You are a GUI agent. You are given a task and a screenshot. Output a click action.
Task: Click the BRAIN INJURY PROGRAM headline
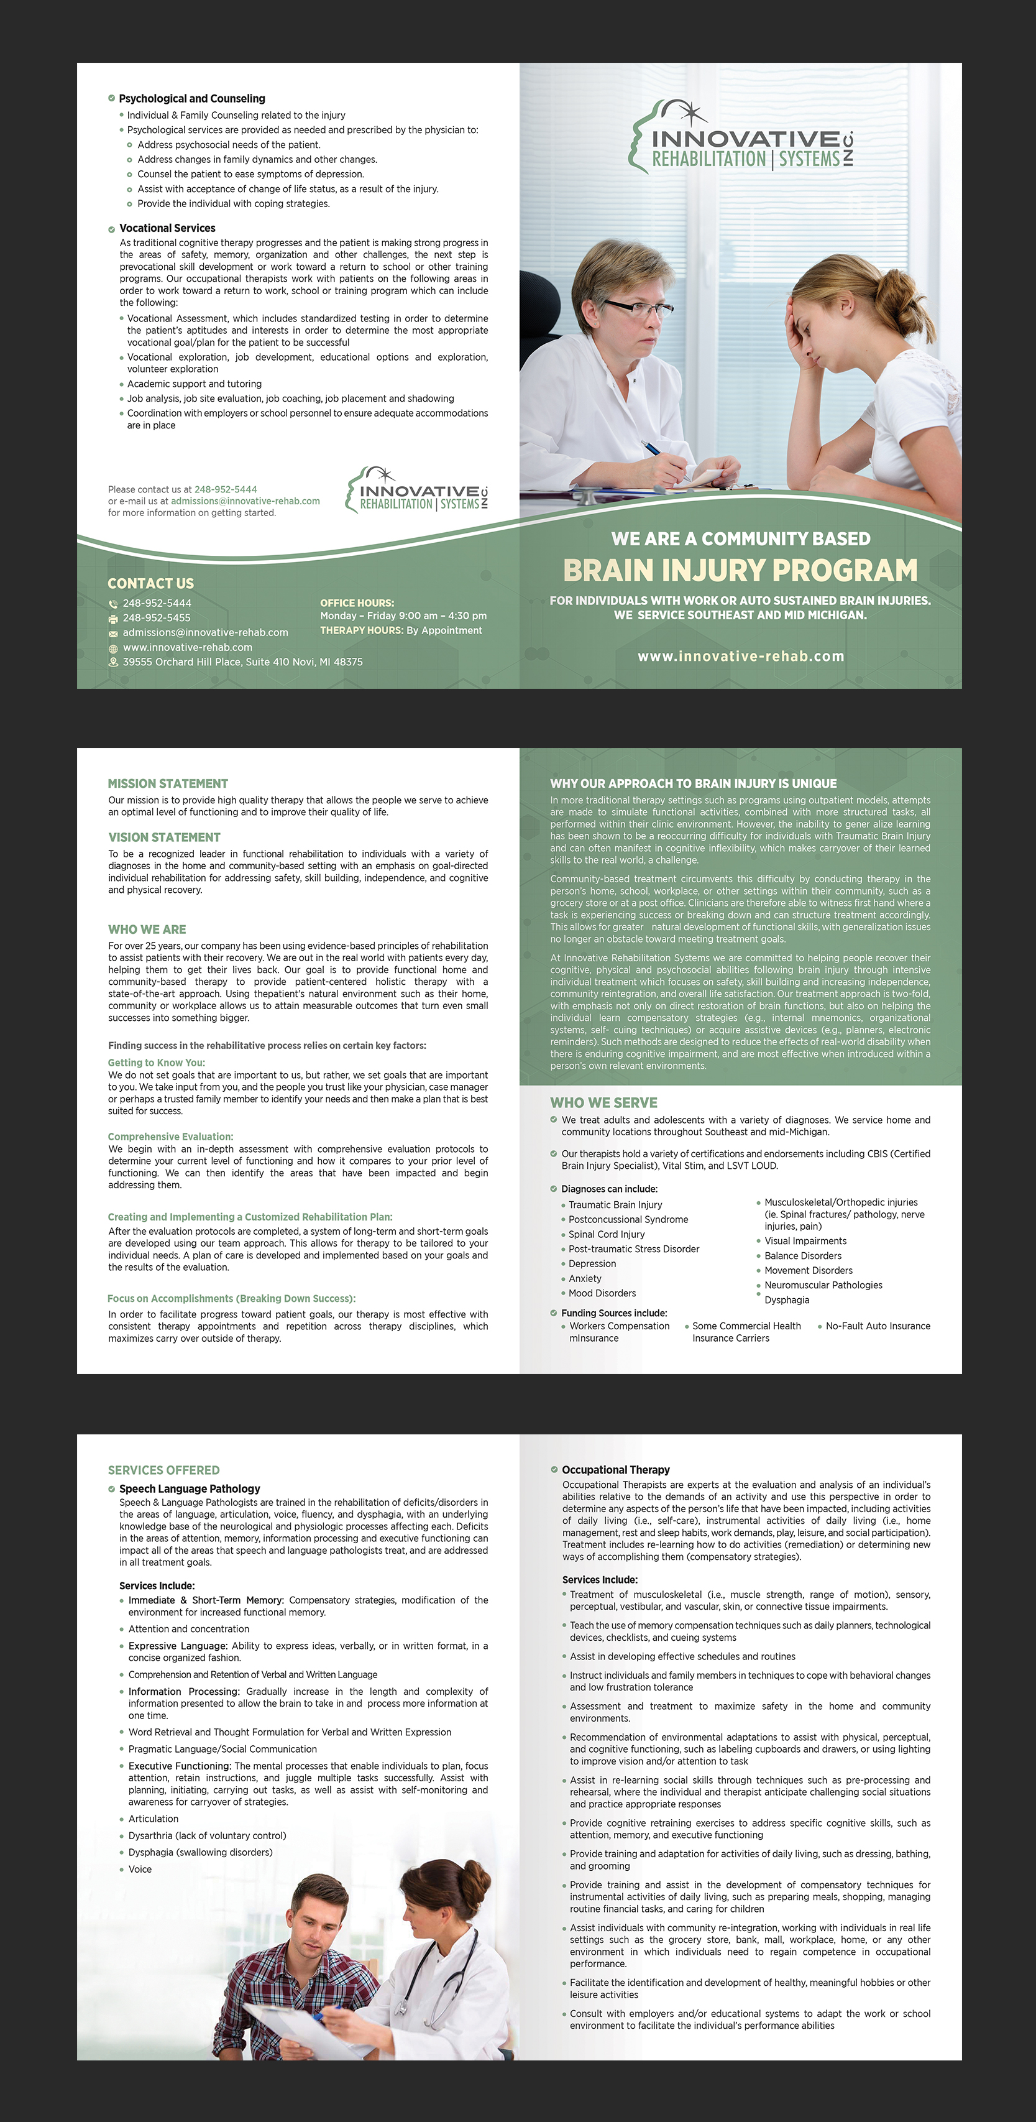740,570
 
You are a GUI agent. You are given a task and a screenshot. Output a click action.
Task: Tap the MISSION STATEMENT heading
168,783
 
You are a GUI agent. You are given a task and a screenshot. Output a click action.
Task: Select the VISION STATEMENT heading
165,837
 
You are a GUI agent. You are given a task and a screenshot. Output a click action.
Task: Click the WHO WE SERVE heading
603,1102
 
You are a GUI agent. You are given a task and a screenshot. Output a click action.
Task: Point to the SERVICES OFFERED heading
164,1470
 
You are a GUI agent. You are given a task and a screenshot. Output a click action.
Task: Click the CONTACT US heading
150,583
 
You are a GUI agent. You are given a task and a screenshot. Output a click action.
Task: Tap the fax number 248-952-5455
157,618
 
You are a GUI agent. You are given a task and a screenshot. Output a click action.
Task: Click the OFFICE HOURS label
357,603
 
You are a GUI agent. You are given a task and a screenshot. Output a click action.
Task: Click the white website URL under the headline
740,657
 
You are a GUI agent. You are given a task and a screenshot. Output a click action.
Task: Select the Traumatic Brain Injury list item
615,1204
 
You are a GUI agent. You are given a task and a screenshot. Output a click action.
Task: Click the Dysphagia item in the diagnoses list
786,1300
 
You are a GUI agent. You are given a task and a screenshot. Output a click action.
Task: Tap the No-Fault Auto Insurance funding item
878,1326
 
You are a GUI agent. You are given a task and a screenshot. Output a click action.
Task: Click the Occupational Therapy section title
616,1470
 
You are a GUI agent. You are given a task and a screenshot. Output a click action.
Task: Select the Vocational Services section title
167,228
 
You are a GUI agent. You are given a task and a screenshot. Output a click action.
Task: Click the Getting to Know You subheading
157,1063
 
